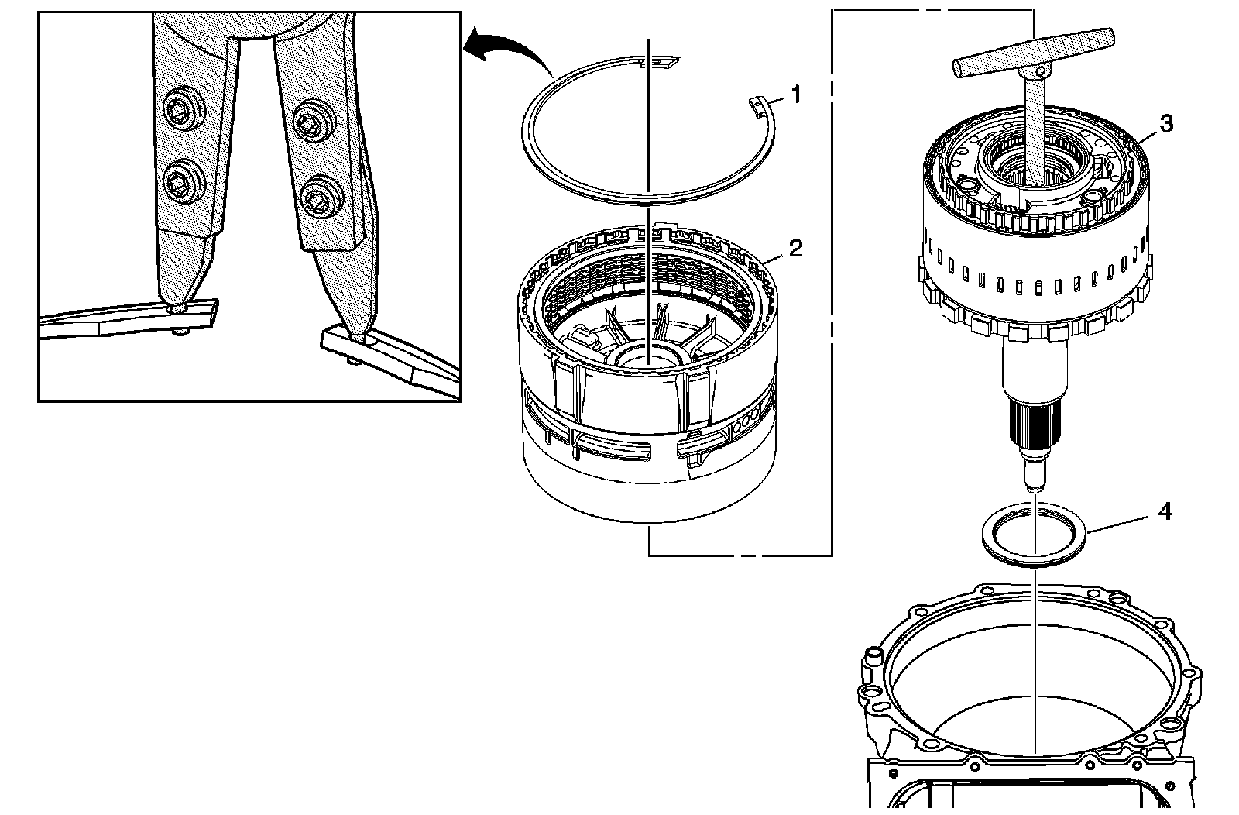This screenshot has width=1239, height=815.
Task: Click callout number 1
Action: click(x=795, y=95)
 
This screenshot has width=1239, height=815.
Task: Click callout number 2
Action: click(x=795, y=249)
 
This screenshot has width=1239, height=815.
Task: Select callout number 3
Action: click(x=1165, y=124)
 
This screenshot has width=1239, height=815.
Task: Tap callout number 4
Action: click(x=1164, y=511)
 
